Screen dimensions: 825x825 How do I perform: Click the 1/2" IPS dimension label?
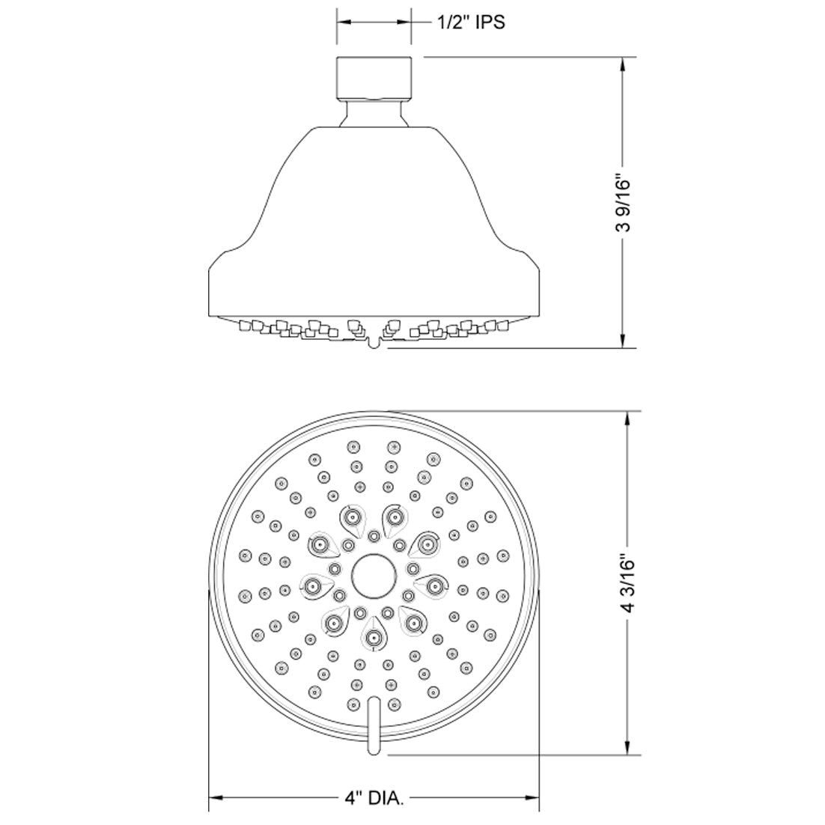[470, 22]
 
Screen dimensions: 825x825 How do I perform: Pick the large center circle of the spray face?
[374, 576]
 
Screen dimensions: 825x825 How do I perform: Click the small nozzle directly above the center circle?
[374, 535]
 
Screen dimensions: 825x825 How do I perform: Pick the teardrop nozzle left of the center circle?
[313, 585]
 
